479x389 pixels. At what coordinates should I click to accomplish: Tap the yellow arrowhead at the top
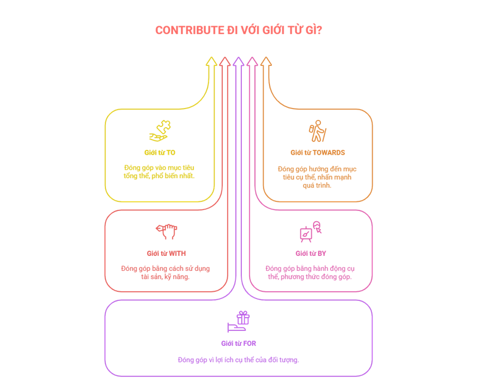coord(211,61)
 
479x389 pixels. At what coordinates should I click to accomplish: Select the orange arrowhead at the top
coord(266,61)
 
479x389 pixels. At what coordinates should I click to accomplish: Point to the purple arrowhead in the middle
coord(238,61)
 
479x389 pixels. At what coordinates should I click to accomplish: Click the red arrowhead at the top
coord(225,61)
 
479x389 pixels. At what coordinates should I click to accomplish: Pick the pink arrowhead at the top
coord(252,61)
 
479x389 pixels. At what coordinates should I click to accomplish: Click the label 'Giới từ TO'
coord(160,152)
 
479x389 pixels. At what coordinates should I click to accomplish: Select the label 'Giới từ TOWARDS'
coord(317,152)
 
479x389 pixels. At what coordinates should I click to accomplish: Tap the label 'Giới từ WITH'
coord(166,253)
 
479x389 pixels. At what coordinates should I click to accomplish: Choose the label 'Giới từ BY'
coord(310,253)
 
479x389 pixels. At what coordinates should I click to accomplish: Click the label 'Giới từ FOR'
coord(238,343)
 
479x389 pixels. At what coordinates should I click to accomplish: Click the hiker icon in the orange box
coord(317,131)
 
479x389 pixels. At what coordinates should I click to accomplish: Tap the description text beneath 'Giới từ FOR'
coord(238,360)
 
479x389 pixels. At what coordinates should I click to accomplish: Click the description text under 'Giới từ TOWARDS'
coord(317,177)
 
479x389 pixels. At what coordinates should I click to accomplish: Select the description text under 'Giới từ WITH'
coord(166,272)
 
